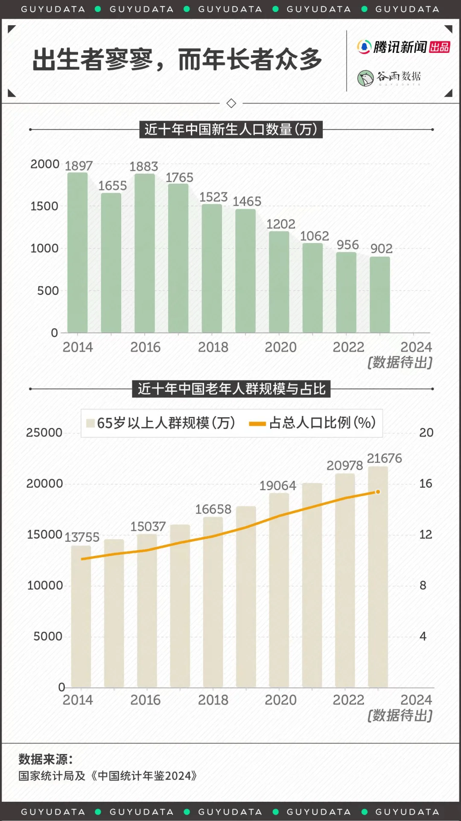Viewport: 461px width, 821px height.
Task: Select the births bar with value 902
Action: [380, 294]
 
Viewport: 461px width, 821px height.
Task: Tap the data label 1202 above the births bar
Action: [281, 224]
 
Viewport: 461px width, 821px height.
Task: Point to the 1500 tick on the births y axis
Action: [44, 206]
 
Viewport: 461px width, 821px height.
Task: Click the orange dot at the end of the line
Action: [378, 492]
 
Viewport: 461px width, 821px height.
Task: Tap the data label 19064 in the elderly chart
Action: [278, 486]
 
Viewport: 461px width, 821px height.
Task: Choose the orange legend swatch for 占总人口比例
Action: [257, 423]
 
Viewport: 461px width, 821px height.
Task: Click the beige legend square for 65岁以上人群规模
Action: [90, 423]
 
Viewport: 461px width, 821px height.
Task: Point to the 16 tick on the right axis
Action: [426, 483]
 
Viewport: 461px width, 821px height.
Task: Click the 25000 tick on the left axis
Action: [44, 433]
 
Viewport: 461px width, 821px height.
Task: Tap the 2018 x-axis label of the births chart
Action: [213, 347]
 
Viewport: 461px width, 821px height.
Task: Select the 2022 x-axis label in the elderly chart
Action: [348, 700]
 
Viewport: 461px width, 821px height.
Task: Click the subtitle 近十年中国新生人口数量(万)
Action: [231, 129]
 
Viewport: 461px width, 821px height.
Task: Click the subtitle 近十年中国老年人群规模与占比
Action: [231, 389]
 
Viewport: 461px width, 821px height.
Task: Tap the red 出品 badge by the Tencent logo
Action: [440, 47]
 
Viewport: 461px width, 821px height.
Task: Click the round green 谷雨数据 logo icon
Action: [365, 78]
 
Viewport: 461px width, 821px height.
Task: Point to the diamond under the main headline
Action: [231, 103]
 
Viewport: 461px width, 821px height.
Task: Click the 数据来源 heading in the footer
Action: [46, 759]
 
